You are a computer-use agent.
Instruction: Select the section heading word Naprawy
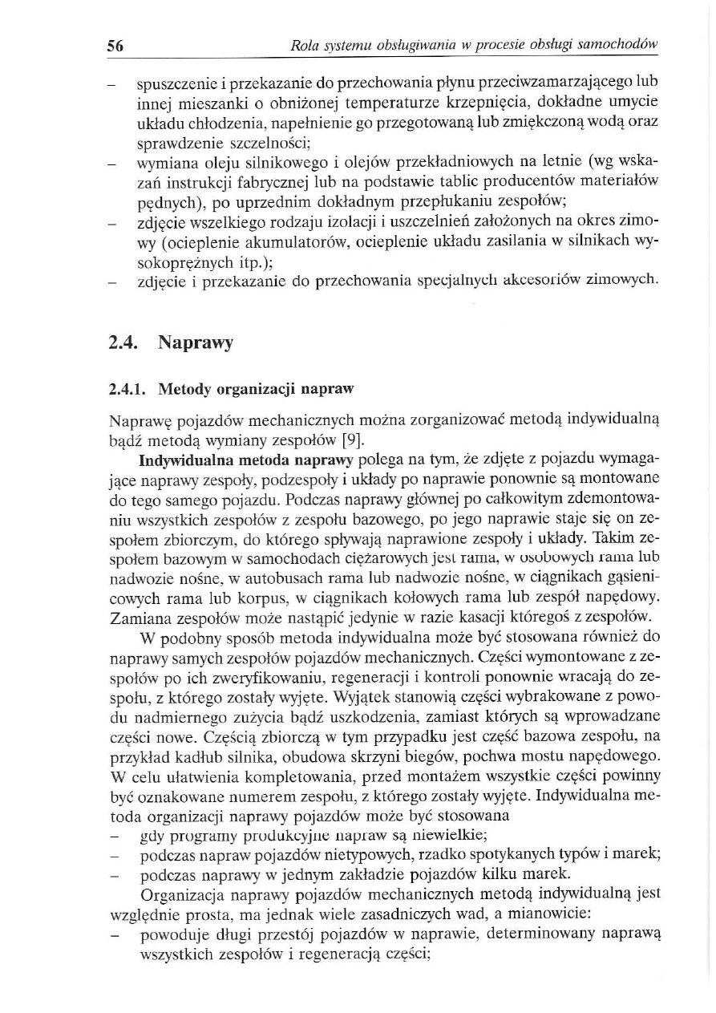coord(196,343)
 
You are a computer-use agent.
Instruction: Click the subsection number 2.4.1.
coord(127,390)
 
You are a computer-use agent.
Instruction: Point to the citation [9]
coord(354,438)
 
